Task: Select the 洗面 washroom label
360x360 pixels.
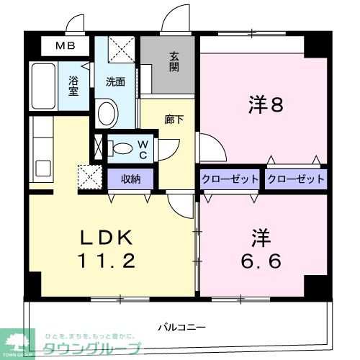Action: pos(114,81)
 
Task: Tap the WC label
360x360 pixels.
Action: pos(143,149)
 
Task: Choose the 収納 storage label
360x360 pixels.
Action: pos(130,178)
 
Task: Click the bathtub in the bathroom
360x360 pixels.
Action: pos(43,85)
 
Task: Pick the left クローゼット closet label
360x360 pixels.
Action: pos(230,179)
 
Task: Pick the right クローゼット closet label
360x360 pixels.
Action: pos(295,179)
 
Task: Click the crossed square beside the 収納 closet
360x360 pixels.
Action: pos(90,176)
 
